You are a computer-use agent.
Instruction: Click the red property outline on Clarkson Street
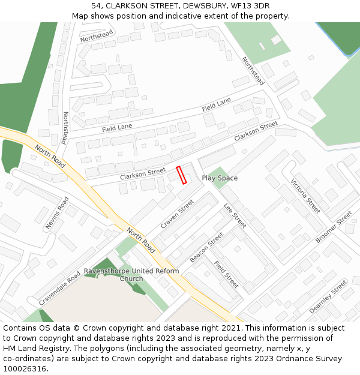coord(181,175)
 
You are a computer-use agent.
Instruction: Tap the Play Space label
coord(220,178)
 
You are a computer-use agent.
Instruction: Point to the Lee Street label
coord(235,215)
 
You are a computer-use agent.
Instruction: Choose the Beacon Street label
coord(206,247)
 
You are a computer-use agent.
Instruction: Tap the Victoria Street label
coord(305,196)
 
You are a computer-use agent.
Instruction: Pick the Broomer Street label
coord(334,226)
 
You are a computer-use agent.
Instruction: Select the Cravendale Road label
coord(59,288)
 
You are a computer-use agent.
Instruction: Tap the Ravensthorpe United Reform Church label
coord(131,275)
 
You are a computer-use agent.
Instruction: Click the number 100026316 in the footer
coord(25,368)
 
